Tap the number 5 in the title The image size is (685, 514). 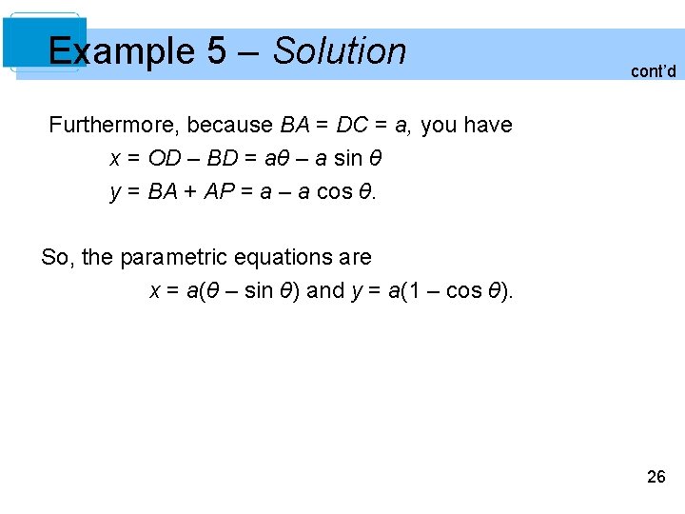click(x=216, y=51)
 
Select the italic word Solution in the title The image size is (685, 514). click(x=340, y=51)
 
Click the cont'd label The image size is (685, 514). click(x=653, y=71)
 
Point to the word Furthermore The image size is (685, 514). click(x=113, y=125)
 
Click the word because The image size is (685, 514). click(x=230, y=125)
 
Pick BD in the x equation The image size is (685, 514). click(x=223, y=158)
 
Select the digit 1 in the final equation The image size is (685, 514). click(x=412, y=290)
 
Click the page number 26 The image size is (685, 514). click(x=656, y=477)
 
